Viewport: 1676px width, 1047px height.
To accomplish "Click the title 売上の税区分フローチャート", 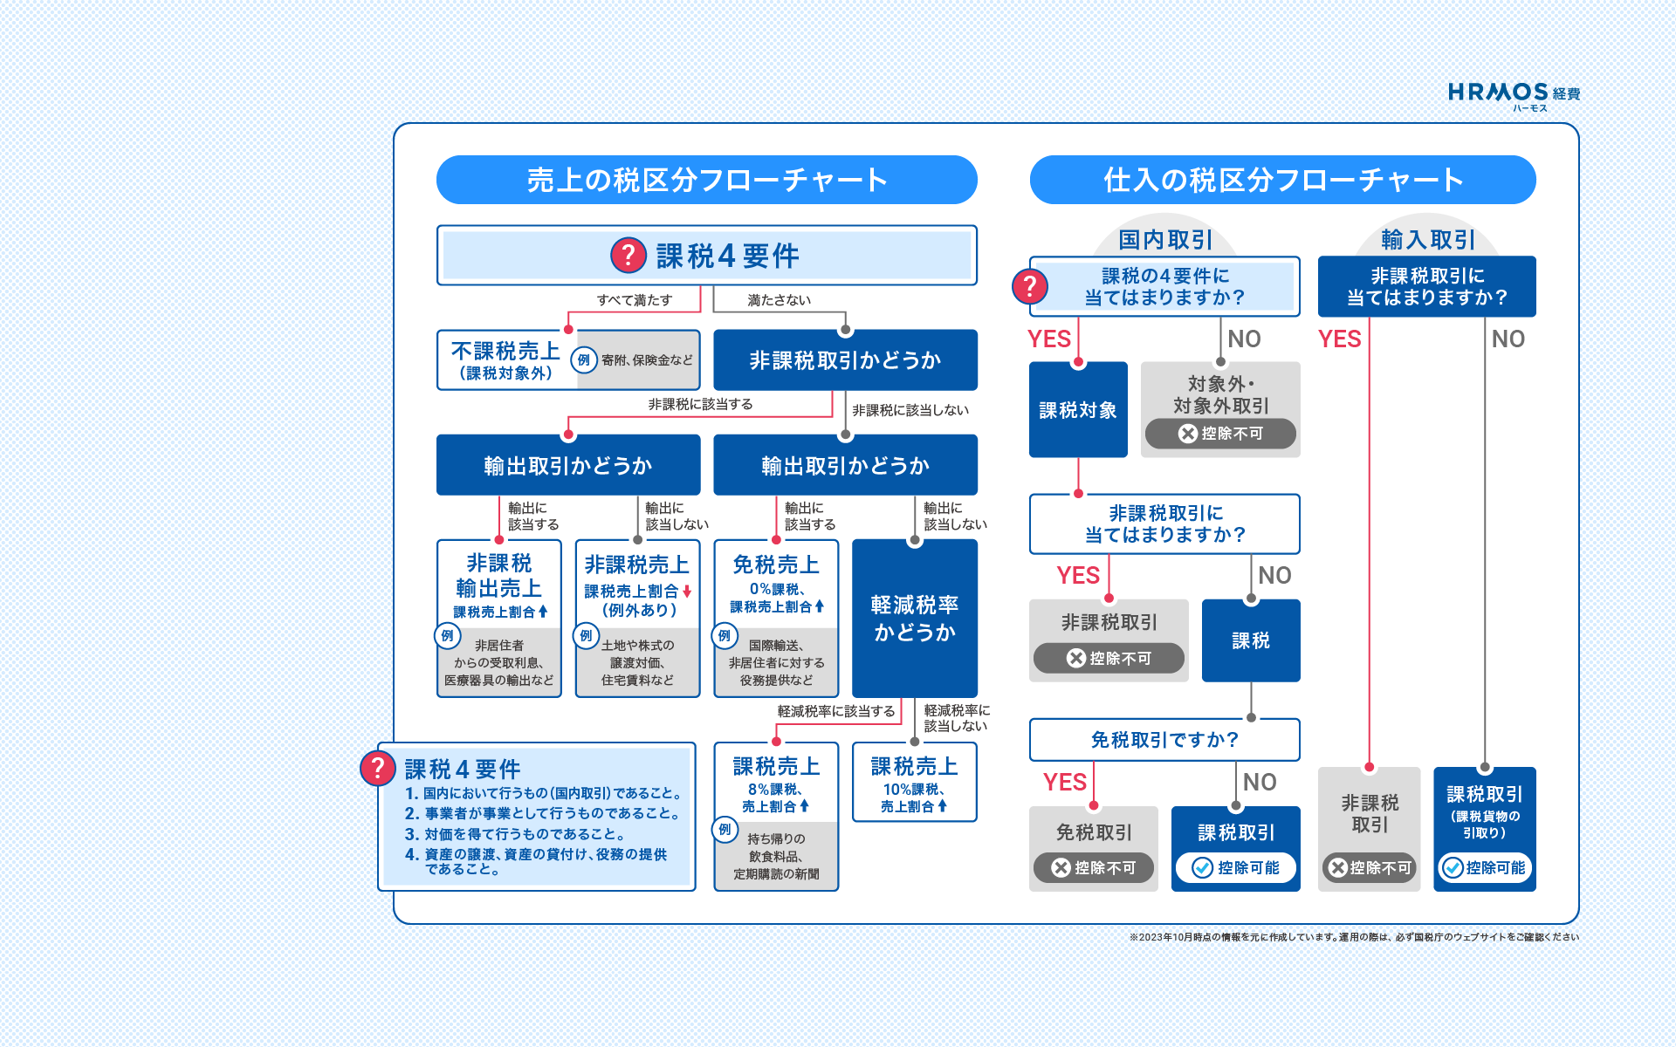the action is [707, 180].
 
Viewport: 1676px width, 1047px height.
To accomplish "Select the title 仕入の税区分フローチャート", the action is [1283, 180].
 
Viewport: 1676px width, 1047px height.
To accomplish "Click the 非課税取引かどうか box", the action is [845, 359].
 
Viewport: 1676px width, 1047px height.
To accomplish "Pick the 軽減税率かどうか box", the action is [915, 618].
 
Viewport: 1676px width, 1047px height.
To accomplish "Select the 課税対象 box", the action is [1078, 409].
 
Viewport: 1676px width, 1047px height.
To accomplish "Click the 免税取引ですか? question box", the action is [1164, 740].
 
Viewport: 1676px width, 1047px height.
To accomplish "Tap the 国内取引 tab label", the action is [1165, 239].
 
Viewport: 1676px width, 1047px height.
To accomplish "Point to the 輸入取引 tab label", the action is [1428, 239].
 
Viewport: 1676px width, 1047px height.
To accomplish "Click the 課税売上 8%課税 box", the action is [776, 816].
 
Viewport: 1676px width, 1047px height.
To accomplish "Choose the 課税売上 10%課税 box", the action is [915, 782].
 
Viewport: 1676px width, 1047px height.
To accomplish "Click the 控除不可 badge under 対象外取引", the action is [1220, 434].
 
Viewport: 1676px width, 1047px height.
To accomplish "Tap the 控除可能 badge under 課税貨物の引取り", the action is [1485, 867].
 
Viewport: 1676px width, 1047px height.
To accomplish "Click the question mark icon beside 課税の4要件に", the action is [1030, 286].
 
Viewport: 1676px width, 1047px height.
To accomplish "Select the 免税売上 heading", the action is [776, 565].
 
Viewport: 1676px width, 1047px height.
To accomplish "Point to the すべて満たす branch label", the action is [635, 300].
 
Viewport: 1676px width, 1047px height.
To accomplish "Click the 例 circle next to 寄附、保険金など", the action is [584, 359].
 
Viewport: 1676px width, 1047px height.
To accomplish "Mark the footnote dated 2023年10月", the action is [1354, 937].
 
